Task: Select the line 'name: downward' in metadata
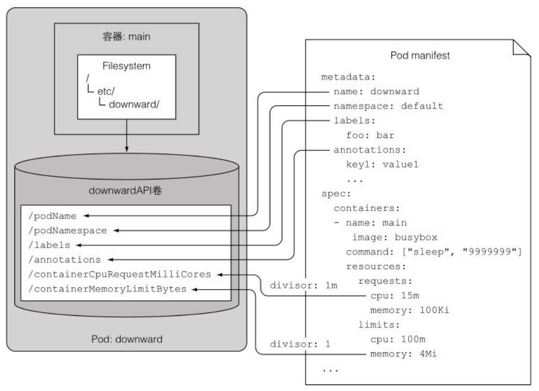point(376,91)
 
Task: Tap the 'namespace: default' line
point(388,106)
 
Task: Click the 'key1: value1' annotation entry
point(382,164)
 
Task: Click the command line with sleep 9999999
point(434,252)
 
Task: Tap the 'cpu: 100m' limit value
point(393,339)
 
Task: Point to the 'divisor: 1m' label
point(304,285)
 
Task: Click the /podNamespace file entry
point(68,230)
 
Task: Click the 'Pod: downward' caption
point(126,339)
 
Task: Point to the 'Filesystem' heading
point(126,66)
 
